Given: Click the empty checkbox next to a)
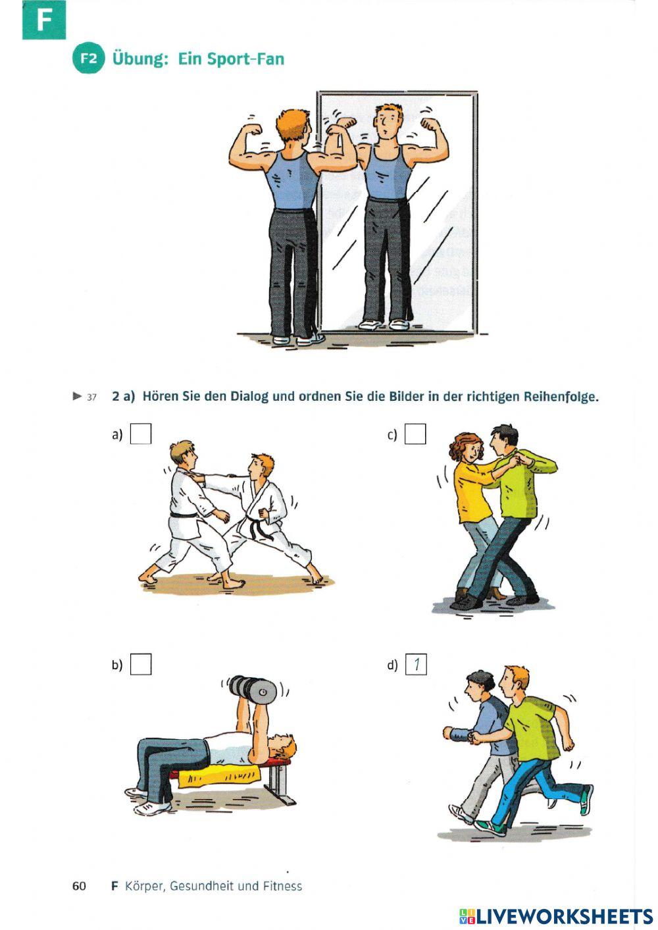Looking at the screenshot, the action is tap(141, 434).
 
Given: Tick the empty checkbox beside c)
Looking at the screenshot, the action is tap(415, 434).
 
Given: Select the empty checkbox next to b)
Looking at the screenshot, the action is tap(141, 665).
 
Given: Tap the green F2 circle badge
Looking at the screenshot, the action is tap(88, 58).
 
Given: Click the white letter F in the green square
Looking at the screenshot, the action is tap(43, 20).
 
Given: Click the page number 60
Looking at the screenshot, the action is tap(79, 886).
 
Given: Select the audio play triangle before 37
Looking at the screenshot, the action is tap(77, 396).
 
